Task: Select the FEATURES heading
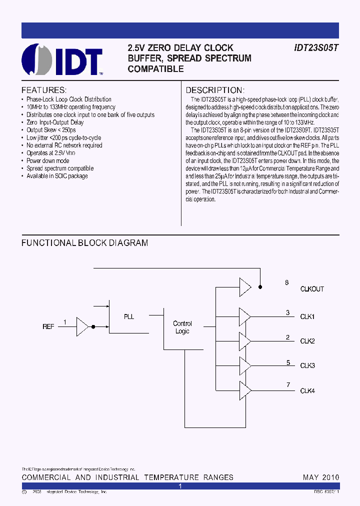pos(44,90)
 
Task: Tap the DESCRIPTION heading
pos(214,90)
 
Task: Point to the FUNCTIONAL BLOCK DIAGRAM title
pos(84,243)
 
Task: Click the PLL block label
pos(129,316)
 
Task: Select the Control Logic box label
pos(182,327)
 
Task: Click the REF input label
pos(48,326)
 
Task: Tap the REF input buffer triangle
pos(82,326)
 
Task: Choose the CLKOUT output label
pos(312,289)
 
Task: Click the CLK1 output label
pos(307,317)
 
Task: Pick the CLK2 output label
pos(307,341)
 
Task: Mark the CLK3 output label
pos(307,366)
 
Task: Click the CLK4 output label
pos(307,391)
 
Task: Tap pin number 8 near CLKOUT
pos(287,282)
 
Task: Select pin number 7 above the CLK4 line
pos(288,384)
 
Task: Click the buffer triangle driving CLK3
pos(245,365)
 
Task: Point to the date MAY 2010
pos(320,477)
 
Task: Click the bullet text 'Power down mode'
pos(48,161)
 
